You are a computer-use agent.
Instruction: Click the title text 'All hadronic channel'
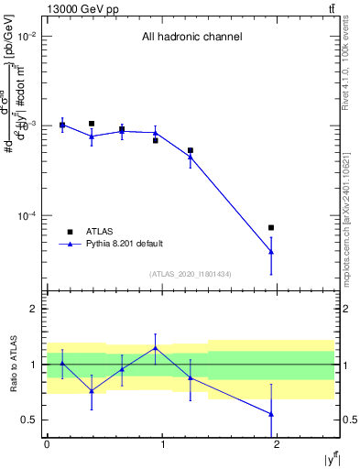click(x=191, y=38)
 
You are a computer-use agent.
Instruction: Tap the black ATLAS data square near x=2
click(x=271, y=227)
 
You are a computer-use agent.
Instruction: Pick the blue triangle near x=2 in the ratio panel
click(x=271, y=414)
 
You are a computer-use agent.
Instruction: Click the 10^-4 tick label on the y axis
click(x=27, y=216)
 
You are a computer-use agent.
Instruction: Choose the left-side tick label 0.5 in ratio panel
click(x=31, y=420)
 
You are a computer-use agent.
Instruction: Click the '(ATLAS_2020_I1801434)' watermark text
click(x=190, y=274)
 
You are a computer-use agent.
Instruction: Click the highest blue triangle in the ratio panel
click(x=155, y=348)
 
